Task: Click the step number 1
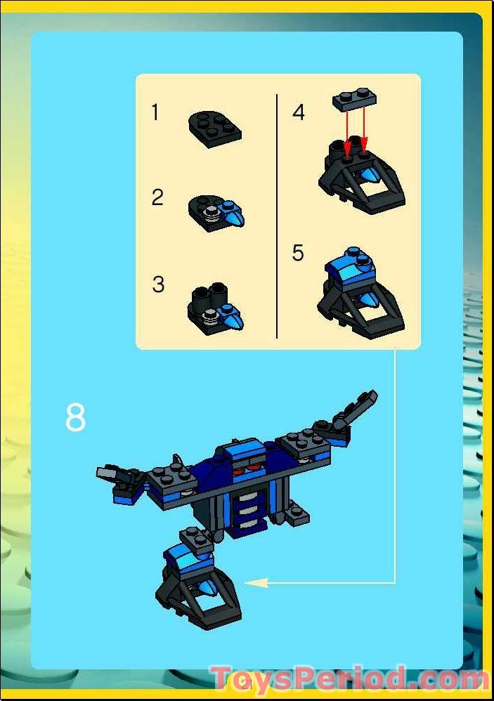(155, 112)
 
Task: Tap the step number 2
(157, 197)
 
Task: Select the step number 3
(158, 284)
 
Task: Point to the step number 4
(299, 112)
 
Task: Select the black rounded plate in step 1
(214, 126)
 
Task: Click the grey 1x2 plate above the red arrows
(354, 100)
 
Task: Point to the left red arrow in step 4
(348, 130)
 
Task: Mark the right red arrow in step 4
(365, 130)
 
